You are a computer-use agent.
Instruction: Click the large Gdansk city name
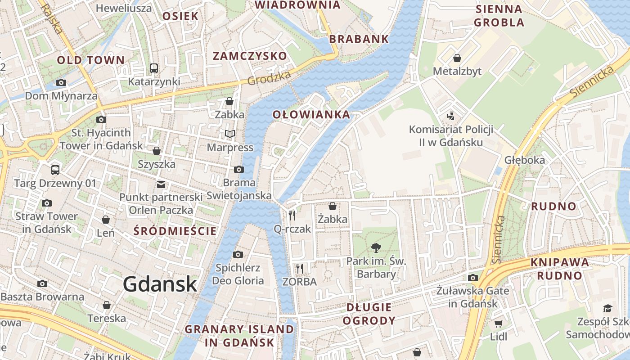coord(160,284)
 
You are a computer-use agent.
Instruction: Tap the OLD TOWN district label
coord(90,60)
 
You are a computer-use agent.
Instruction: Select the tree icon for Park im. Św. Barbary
coord(376,247)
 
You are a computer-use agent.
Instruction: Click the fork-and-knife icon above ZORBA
coord(300,269)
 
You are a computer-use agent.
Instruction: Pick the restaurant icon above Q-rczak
coord(292,216)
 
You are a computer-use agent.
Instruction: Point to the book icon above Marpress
coord(229,134)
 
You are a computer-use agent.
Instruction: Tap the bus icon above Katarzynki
coord(154,68)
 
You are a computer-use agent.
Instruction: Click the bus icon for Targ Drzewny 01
coord(55,170)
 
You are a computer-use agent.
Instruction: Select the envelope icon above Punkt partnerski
coord(161,184)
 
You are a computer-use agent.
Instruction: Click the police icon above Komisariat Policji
coord(450,116)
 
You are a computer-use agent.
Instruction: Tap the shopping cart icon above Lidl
coord(498,324)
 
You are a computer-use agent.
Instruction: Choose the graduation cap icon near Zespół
coord(607,308)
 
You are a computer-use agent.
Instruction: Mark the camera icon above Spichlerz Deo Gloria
coord(238,255)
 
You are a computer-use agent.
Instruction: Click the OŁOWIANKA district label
coord(311,115)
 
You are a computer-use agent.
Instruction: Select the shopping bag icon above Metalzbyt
coord(457,58)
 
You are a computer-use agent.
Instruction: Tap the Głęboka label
coord(524,160)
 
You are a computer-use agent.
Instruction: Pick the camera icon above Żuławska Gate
coord(472,278)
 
